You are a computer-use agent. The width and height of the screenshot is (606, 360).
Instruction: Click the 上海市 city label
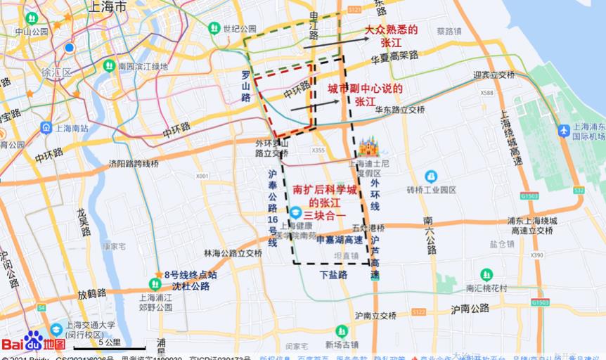pos(105,7)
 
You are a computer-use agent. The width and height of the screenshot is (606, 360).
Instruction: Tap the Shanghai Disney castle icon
pos(368,147)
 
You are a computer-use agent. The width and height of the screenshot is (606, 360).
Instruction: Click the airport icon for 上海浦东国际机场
pos(564,130)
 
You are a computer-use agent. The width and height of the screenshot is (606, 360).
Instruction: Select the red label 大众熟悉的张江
pos(391,36)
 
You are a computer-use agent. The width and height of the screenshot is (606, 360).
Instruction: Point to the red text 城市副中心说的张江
pos(365,95)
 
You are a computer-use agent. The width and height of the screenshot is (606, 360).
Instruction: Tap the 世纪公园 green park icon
pos(214,28)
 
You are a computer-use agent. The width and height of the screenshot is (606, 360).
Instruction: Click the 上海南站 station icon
pos(46,127)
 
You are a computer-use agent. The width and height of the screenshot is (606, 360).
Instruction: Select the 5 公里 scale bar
pos(110,347)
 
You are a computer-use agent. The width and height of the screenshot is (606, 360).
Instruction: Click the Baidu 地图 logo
pos(33,342)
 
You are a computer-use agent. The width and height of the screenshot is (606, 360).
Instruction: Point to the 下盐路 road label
pos(334,275)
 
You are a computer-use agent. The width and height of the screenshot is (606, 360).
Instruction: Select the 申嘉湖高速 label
pos(340,240)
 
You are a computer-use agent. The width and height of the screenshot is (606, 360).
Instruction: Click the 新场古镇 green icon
pos(341,330)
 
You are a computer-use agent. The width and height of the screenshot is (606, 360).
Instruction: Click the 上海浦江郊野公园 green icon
pos(155,283)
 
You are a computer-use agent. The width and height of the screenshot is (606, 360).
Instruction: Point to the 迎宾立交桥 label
pos(494,75)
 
